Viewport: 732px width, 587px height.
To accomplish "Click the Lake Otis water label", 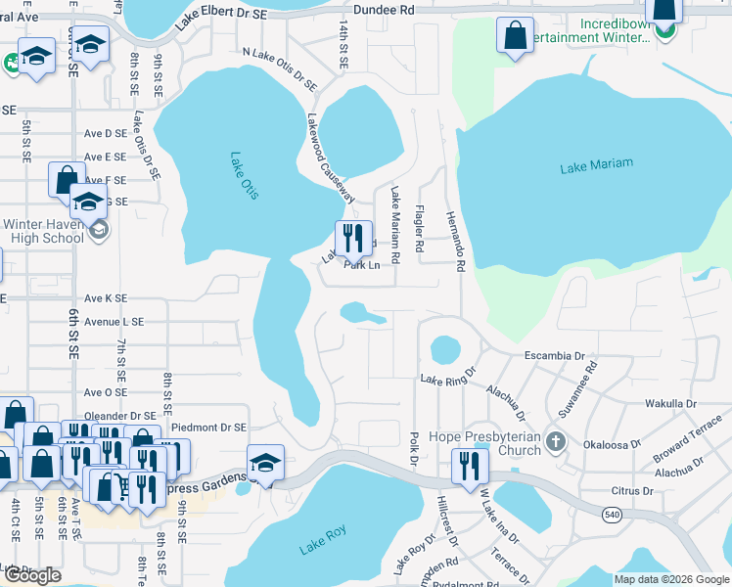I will (x=245, y=175).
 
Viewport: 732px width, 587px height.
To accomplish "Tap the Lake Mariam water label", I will (x=596, y=166).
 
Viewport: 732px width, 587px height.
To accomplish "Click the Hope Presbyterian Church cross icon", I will (x=556, y=440).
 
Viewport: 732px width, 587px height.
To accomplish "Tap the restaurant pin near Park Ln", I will (x=353, y=238).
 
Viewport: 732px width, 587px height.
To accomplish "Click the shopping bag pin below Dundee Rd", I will (x=514, y=37).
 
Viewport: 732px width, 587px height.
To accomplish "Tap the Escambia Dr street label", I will (x=554, y=355).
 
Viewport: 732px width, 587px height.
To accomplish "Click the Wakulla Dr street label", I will (x=670, y=403).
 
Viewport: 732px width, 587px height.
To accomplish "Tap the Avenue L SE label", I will (x=114, y=321).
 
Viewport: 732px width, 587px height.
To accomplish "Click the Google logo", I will (x=32, y=575).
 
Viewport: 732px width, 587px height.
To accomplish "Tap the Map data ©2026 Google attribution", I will (x=670, y=579).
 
